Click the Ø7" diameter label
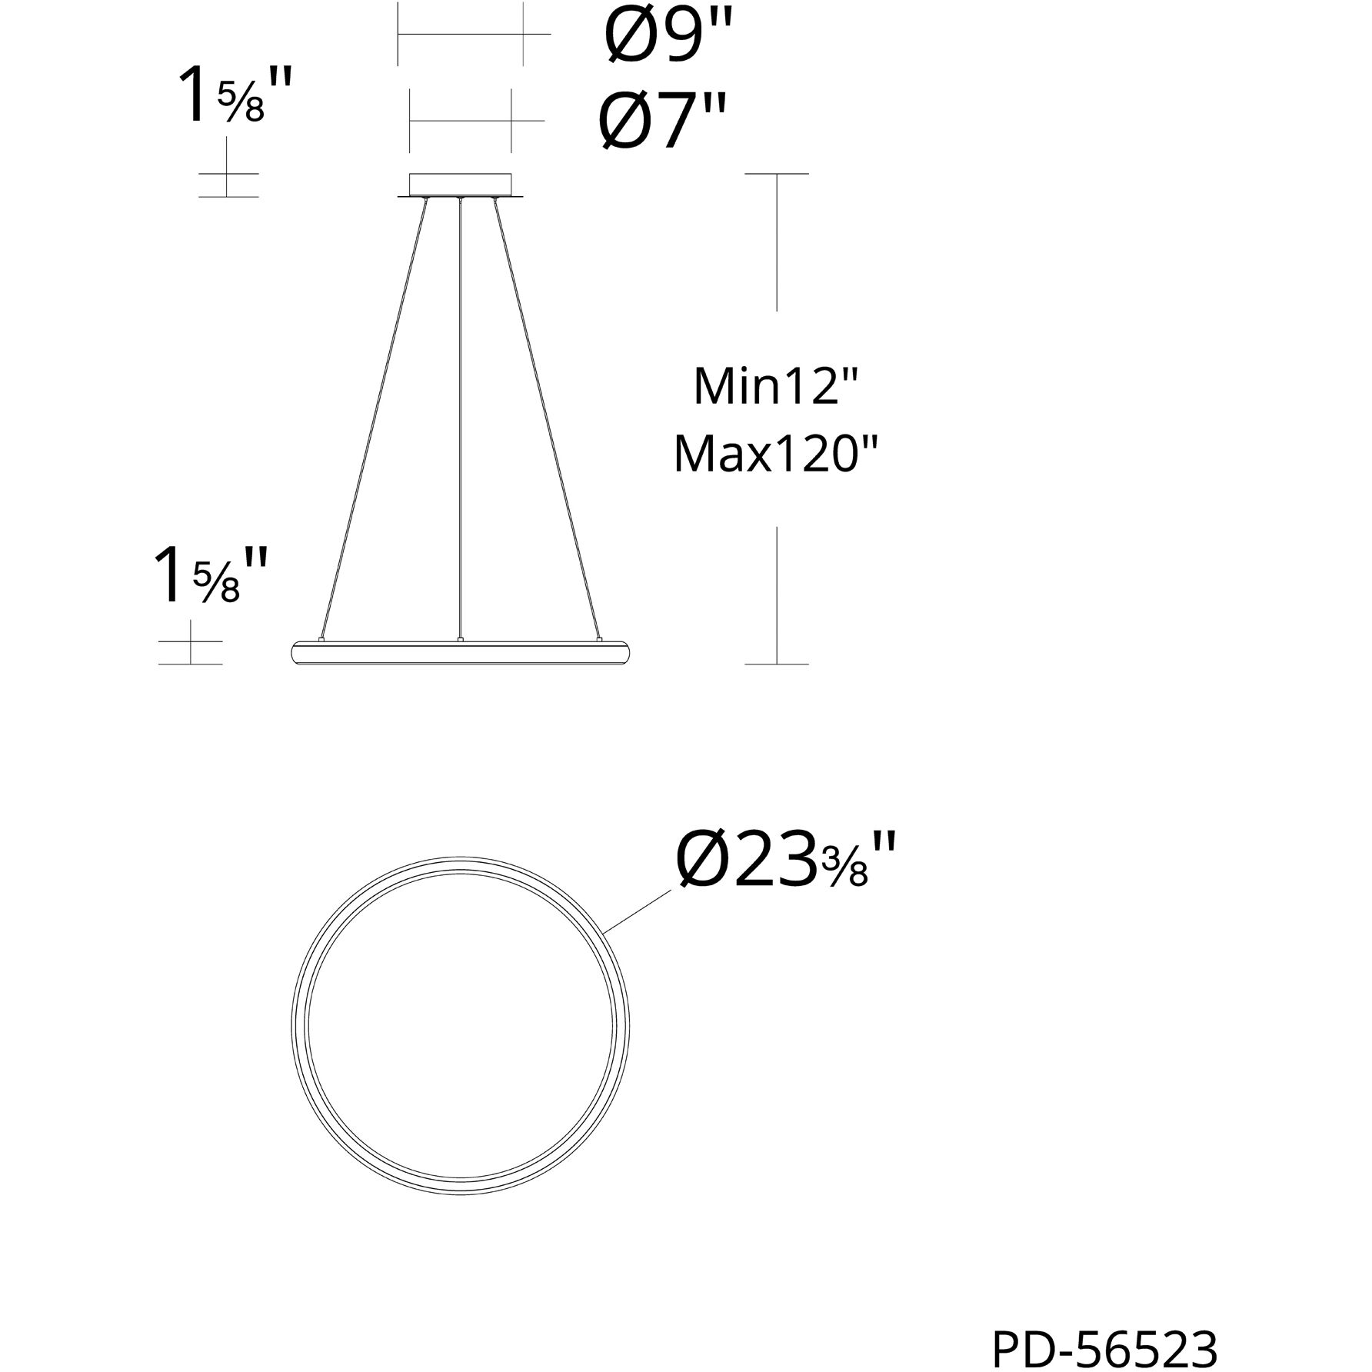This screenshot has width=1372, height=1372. coord(662,122)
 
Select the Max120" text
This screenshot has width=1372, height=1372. coord(774,455)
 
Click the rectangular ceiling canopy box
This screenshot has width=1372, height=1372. coord(460,185)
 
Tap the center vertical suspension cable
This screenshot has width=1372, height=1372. coord(459,415)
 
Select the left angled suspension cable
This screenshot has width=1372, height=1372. coord(375,415)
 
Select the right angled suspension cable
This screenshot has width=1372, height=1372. coord(545,415)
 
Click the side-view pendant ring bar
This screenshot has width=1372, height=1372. coord(460,652)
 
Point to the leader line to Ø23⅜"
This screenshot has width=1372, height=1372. coord(638,913)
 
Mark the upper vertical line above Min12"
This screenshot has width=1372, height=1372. coord(777,242)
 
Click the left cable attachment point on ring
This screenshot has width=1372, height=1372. coord(321,638)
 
